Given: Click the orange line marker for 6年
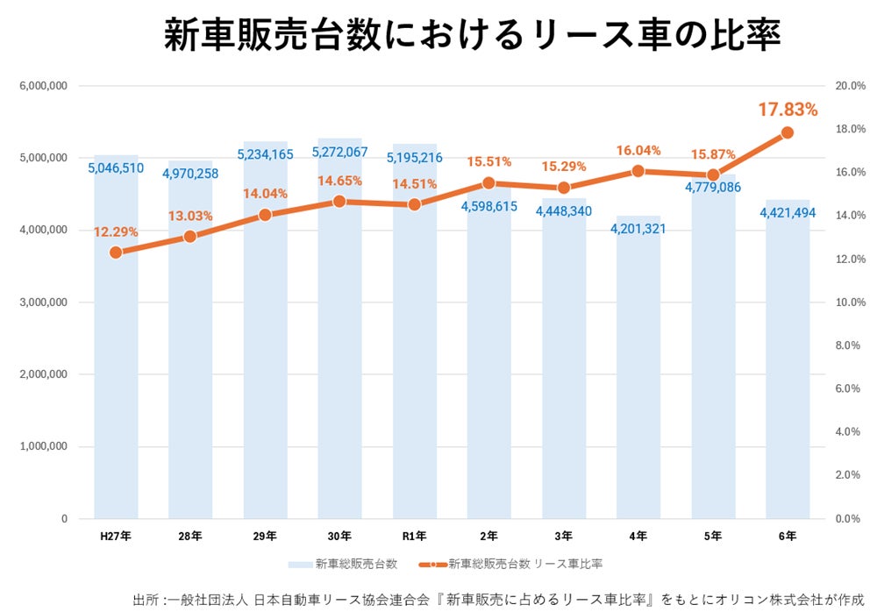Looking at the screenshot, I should point(788,132).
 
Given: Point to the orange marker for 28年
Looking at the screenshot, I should point(190,237).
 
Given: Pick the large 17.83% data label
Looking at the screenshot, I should point(788,110).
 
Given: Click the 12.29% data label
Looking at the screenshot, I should point(116,232).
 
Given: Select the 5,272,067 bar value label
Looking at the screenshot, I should point(339,152).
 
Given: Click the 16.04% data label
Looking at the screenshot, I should point(638,151).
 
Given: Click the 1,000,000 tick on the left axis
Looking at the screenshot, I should point(43,447).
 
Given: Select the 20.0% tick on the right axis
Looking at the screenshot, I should point(851,86).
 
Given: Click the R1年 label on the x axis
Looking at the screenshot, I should point(414,535).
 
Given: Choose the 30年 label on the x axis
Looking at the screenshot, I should point(339,535).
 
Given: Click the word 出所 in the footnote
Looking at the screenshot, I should point(145,600).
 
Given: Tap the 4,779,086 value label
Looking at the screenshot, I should point(712,187).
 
